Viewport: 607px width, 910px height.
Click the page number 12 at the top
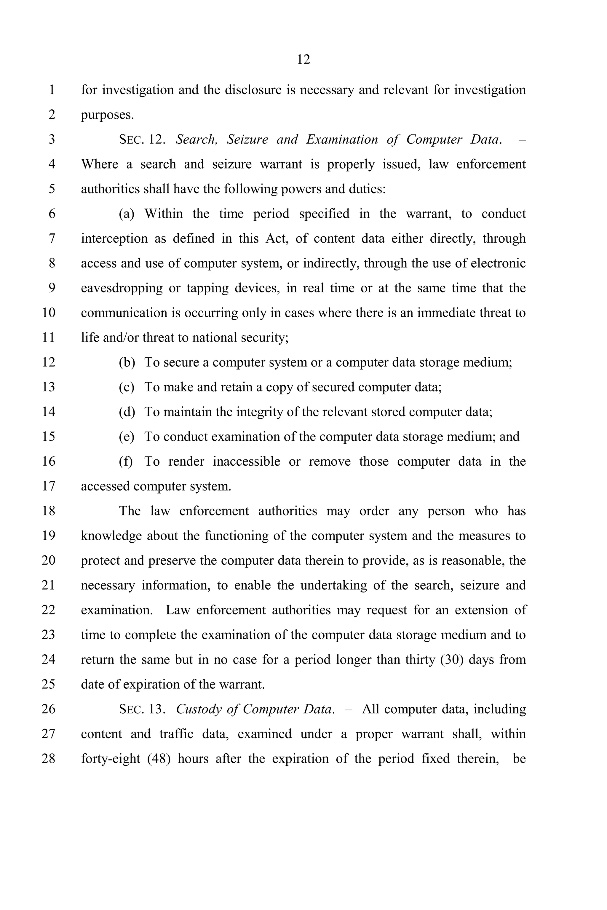pos(303,60)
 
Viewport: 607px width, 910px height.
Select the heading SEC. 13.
pos(142,709)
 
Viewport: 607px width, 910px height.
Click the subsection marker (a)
pos(126,214)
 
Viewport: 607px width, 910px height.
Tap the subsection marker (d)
pos(127,412)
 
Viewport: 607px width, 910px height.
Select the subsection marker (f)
pos(125,462)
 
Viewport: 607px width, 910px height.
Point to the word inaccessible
pos(246,462)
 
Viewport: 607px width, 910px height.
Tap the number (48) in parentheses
pos(159,759)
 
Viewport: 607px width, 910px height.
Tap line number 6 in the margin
pos(52,214)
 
